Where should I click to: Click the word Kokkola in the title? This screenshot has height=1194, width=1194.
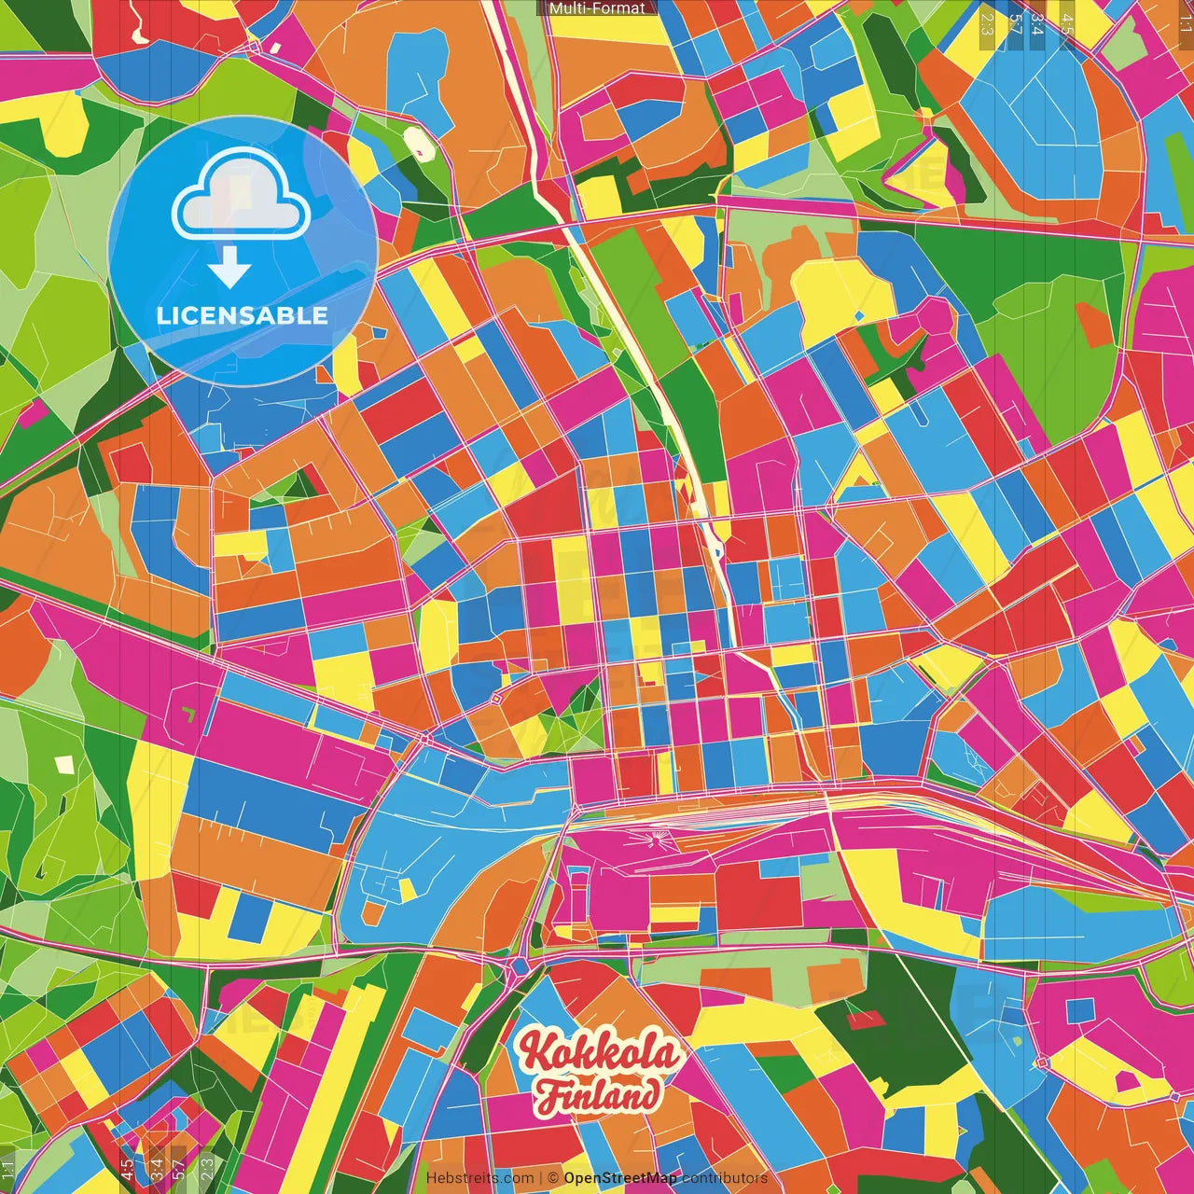[x=599, y=1053]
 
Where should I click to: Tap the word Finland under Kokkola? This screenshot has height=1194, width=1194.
[x=597, y=1094]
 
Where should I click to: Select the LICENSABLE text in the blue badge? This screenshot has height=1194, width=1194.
[x=243, y=315]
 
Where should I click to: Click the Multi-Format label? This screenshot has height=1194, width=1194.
[x=597, y=8]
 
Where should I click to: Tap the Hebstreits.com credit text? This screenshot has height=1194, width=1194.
[x=479, y=1178]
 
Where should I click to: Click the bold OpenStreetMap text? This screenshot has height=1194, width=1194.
[x=620, y=1178]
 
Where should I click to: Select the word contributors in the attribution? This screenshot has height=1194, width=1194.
[x=725, y=1178]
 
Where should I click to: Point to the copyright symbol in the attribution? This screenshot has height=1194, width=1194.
[x=552, y=1178]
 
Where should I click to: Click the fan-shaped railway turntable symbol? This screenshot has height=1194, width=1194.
[x=658, y=840]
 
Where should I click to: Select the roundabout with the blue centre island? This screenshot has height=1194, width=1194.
[x=519, y=967]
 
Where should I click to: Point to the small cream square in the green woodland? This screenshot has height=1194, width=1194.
[x=63, y=765]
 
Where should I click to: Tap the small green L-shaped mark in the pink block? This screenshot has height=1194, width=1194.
[x=189, y=715]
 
